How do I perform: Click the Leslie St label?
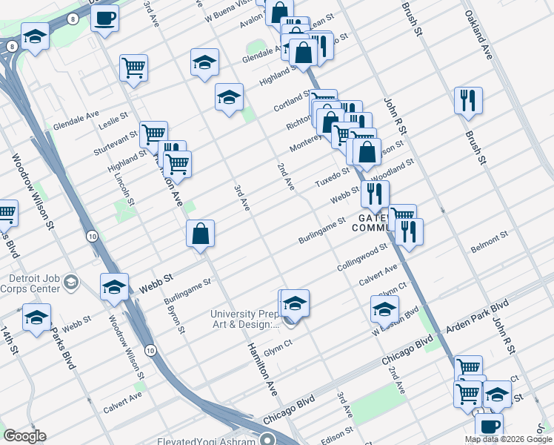click(113, 119)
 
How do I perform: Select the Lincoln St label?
click(127, 190)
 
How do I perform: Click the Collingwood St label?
click(362, 257)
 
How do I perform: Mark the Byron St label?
click(176, 319)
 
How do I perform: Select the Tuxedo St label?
click(332, 178)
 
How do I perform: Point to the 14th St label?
click(8, 341)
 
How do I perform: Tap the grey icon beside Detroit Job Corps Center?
click(71, 283)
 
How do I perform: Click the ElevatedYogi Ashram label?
click(206, 441)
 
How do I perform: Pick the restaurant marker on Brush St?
click(468, 101)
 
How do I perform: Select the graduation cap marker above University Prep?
click(294, 303)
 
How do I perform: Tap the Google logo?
click(24, 436)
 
